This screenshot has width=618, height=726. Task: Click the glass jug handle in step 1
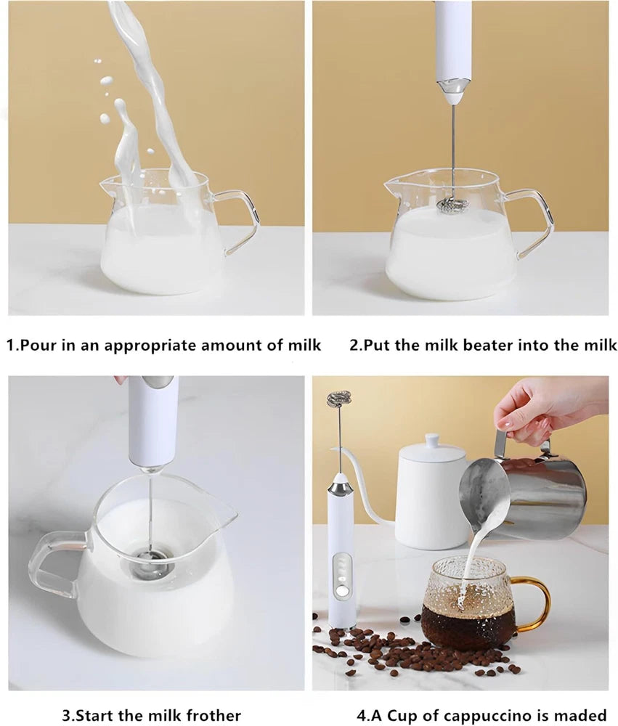240,218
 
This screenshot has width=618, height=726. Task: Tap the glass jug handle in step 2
534,218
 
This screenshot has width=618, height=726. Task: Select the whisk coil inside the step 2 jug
452,205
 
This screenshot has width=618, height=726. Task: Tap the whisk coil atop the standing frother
338,399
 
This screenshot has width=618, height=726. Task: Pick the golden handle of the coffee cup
535,603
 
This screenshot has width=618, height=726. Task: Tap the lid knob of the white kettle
433,440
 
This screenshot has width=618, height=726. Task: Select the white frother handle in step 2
452,40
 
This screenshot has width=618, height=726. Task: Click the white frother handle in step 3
152,421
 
